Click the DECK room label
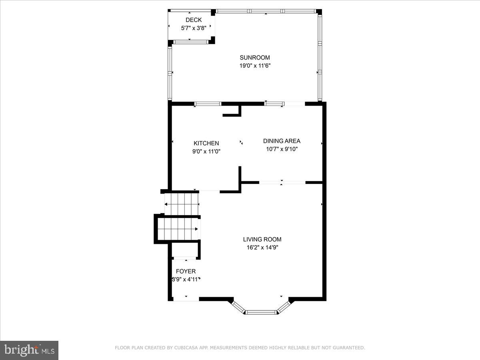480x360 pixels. (194, 20)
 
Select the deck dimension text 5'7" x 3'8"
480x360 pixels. (194, 28)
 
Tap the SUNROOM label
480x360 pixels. (255, 57)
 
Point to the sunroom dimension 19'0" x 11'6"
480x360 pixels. (255, 66)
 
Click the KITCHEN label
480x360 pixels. (206, 143)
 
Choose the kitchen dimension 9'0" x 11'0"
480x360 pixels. (206, 152)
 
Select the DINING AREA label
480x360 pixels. (282, 141)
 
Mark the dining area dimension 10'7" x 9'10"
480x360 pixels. (282, 149)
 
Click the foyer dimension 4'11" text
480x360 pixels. (192, 280)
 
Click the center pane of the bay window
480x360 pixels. (261, 312)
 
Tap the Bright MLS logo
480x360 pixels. (29, 350)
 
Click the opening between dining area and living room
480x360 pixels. (282, 183)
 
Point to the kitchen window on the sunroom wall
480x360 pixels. (208, 104)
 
